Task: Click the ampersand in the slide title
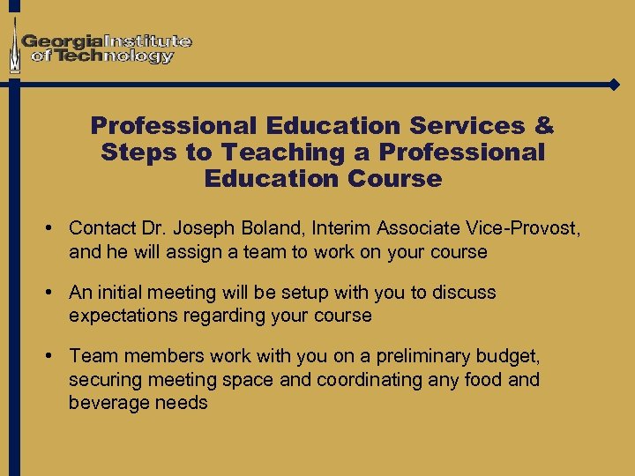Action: click(542, 125)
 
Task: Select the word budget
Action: click(507, 356)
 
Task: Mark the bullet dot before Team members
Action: click(53, 356)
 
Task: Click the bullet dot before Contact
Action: click(53, 228)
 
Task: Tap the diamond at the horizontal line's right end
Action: click(615, 85)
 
